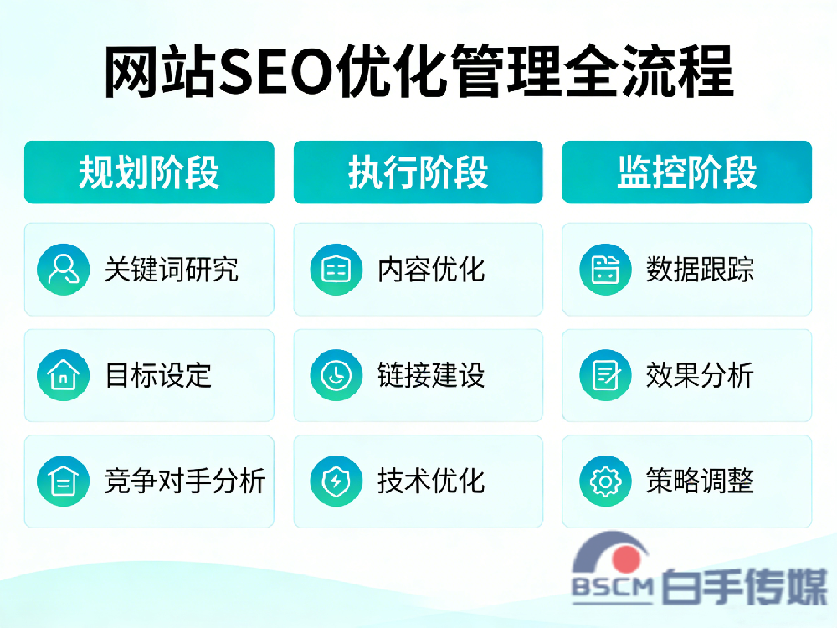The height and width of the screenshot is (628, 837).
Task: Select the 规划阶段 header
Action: [149, 172]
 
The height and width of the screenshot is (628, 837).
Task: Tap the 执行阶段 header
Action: [418, 172]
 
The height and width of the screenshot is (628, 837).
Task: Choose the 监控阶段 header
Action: [686, 172]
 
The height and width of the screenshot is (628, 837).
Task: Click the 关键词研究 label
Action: [172, 269]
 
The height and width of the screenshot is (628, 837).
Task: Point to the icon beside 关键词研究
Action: [63, 269]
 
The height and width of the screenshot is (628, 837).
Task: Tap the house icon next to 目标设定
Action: [63, 375]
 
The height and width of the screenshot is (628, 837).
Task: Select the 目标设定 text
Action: [158, 375]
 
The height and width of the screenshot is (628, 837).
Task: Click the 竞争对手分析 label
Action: [185, 481]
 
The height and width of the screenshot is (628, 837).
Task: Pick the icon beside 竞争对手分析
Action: [63, 481]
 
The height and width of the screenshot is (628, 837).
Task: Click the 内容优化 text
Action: [431, 269]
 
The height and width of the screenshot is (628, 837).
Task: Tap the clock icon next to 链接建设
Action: [336, 375]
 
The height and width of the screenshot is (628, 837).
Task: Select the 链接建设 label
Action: [431, 375]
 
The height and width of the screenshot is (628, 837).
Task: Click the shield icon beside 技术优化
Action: [336, 481]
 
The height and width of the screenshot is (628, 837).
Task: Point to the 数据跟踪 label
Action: [700, 269]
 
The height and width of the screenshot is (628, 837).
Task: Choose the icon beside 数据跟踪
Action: [605, 269]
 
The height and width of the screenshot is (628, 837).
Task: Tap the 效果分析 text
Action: [700, 375]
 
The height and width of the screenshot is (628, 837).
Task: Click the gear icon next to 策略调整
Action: [605, 481]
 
